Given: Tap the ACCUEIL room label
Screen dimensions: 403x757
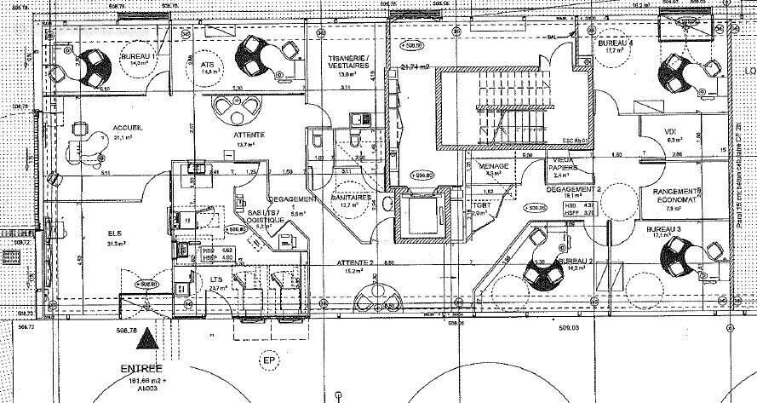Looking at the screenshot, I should click(128, 128).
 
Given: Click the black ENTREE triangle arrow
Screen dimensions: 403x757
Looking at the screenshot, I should click(149, 338).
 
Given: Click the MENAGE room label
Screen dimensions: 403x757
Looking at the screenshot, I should click(494, 165).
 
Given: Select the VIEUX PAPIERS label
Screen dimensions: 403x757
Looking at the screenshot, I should click(563, 164).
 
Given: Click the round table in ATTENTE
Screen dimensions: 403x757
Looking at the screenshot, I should click(235, 108).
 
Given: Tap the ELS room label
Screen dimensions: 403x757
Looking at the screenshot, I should click(113, 232).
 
